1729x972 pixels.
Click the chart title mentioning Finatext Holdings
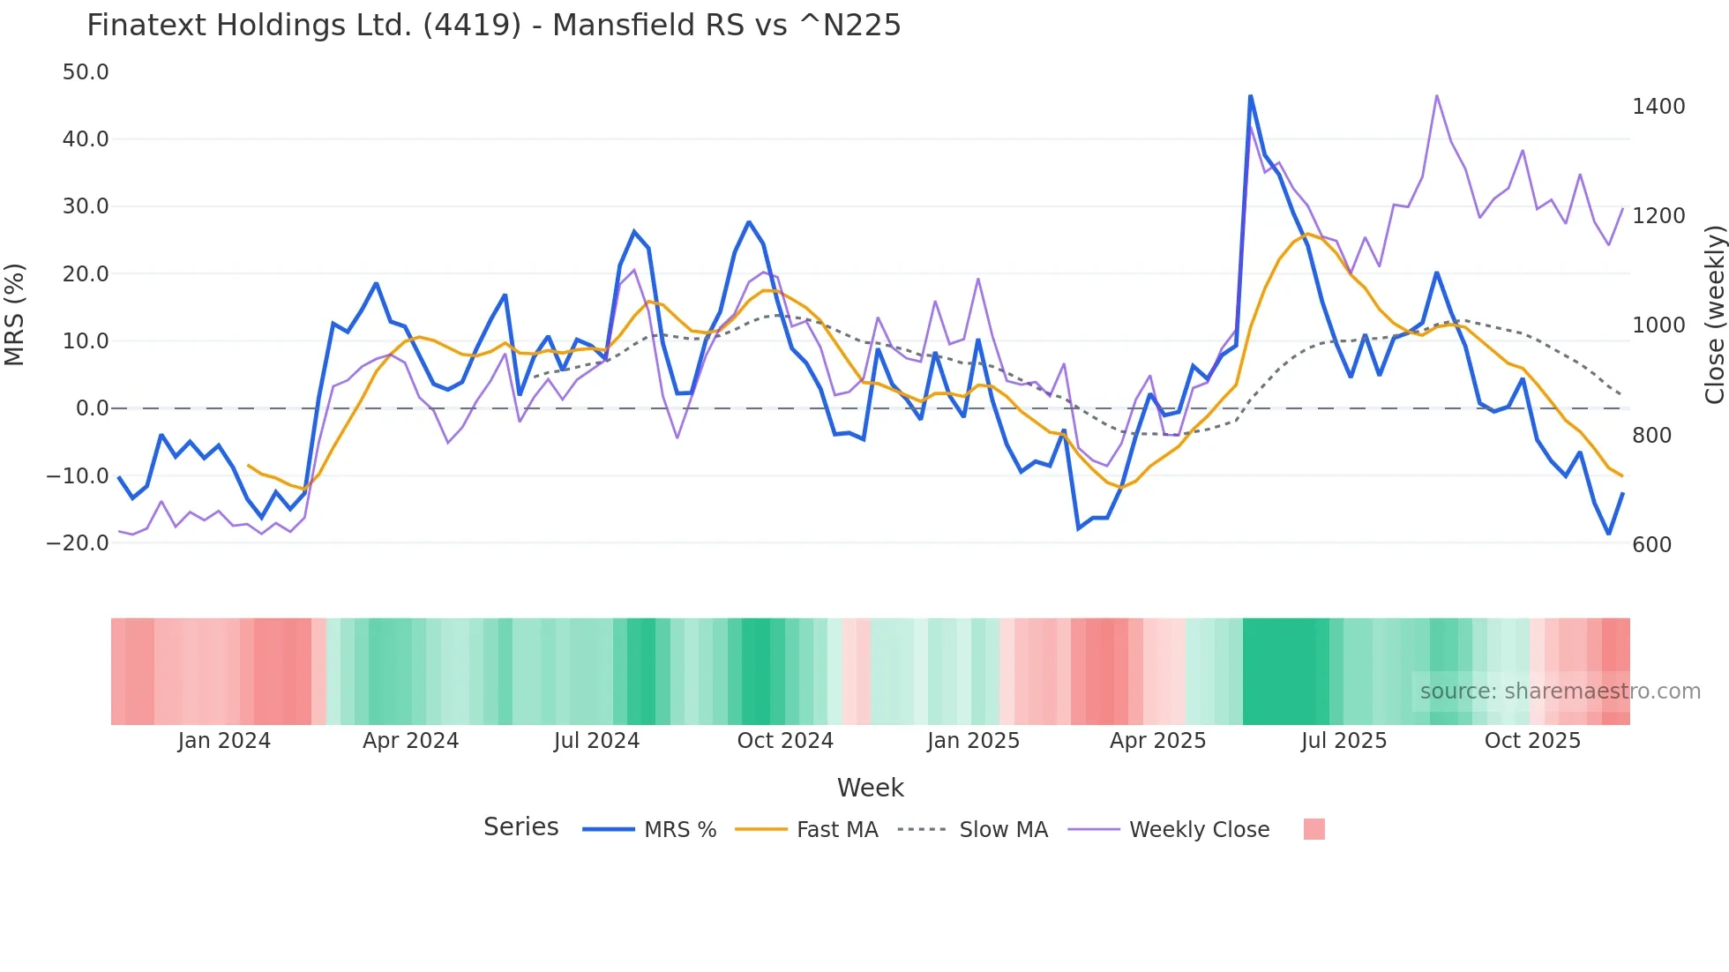click(493, 26)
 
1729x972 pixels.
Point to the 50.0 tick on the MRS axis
click(86, 72)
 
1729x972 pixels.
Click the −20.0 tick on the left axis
click(79, 543)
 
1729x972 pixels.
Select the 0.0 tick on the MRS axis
click(92, 408)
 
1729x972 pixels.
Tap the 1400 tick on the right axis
click(1658, 107)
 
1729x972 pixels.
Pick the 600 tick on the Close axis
click(1651, 545)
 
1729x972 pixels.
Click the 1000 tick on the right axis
click(1658, 325)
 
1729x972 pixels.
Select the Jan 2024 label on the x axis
click(224, 741)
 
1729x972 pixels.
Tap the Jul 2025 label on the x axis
click(1344, 741)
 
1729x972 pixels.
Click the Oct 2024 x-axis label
click(785, 741)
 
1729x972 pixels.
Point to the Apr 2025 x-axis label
click(1157, 741)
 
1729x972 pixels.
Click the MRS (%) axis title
click(15, 314)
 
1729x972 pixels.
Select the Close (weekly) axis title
click(1714, 314)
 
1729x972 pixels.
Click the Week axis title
click(870, 788)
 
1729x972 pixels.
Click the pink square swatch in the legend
click(1314, 829)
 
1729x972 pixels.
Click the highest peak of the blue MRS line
click(1250, 96)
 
